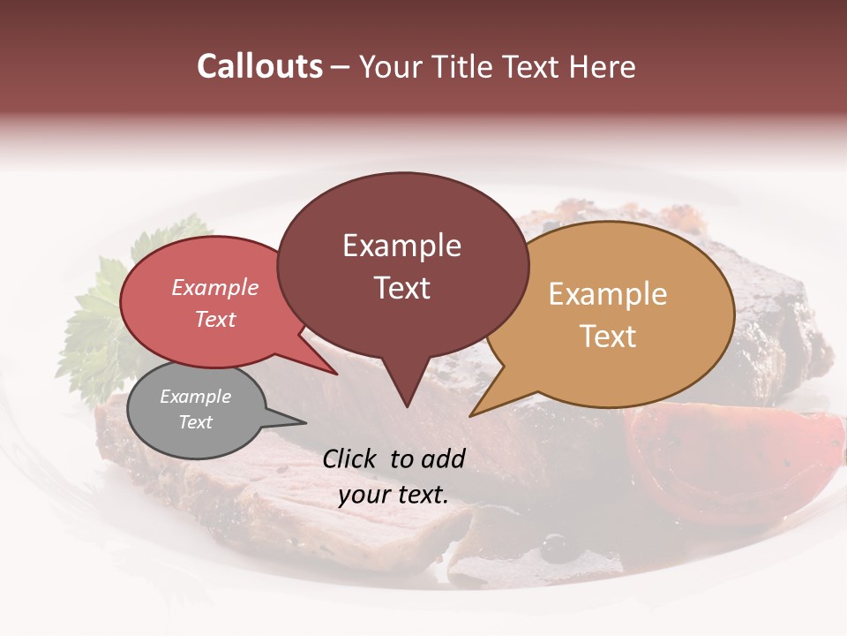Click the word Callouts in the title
(259, 66)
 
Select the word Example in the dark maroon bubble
(401, 246)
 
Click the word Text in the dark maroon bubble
(401, 288)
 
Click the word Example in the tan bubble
(608, 294)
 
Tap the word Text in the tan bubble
(608, 337)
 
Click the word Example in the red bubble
(214, 288)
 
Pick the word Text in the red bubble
(214, 319)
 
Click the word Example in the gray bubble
(195, 397)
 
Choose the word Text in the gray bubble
(195, 422)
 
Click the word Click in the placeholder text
(351, 458)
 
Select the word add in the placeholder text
(443, 458)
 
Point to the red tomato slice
(723, 459)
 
